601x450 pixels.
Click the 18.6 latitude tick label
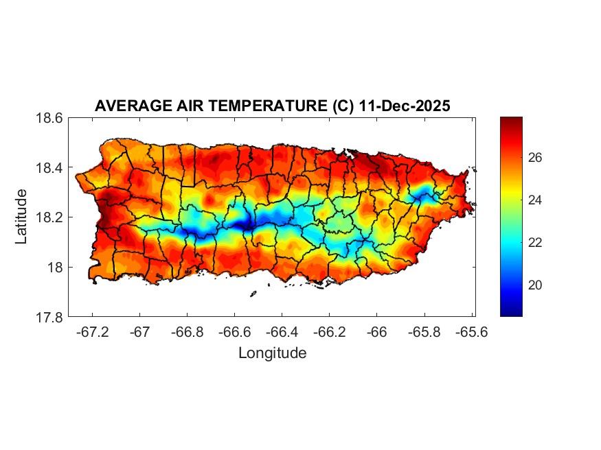pyautogui.click(x=50, y=118)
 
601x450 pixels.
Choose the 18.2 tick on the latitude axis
pyautogui.click(x=50, y=217)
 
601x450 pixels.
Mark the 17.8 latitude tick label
pyautogui.click(x=50, y=317)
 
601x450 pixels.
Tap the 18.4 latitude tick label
pyautogui.click(x=50, y=168)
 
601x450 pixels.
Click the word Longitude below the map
pyautogui.click(x=272, y=353)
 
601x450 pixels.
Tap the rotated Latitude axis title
pyautogui.click(x=22, y=217)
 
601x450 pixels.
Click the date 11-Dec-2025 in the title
pyautogui.click(x=405, y=106)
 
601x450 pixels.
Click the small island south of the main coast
pyautogui.click(x=253, y=294)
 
